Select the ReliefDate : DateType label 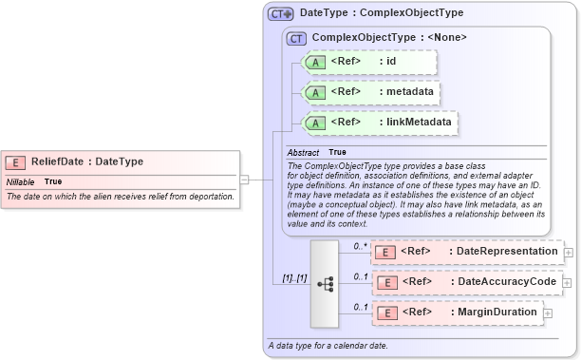coord(86,161)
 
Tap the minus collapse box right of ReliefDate coord(244,179)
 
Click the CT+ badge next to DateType coord(281,14)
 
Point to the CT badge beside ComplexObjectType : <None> coord(297,38)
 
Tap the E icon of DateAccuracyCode coord(386,282)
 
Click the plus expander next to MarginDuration coord(548,313)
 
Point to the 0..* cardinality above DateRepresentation coord(360,246)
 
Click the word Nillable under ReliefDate coord(21,181)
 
